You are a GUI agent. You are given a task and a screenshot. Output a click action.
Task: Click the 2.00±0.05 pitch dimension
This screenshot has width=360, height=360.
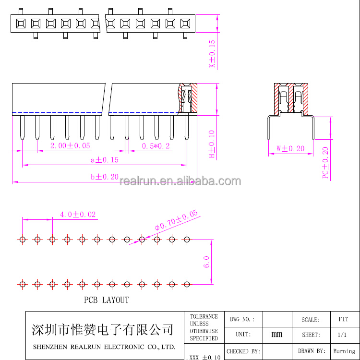[x=70, y=146]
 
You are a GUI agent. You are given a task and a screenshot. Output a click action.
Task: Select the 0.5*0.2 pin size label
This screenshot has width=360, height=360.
[x=156, y=146]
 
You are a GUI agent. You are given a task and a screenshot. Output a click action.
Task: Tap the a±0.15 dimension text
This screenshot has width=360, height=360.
[x=105, y=160]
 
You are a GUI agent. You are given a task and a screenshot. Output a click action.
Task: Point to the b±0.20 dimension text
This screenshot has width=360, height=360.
[x=105, y=177]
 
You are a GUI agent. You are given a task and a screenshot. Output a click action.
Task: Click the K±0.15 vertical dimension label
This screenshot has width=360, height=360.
[x=212, y=54]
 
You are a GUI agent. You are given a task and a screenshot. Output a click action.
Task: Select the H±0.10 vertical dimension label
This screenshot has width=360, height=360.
[x=212, y=144]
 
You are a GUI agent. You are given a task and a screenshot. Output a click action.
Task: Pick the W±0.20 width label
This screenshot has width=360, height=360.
[x=290, y=148]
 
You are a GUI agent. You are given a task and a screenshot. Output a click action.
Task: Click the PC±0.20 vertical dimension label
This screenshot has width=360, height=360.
[x=325, y=163]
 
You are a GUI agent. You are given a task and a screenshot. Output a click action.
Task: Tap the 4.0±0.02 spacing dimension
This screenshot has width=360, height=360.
[x=78, y=215]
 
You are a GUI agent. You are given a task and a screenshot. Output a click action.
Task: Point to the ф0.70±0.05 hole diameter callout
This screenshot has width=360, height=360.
[x=176, y=220]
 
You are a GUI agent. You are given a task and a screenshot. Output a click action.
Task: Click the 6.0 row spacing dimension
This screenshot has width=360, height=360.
[x=206, y=262]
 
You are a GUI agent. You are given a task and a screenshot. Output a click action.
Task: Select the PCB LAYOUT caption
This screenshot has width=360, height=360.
[x=106, y=300]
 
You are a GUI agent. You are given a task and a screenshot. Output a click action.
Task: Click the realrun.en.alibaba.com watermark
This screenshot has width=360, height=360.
[x=180, y=181]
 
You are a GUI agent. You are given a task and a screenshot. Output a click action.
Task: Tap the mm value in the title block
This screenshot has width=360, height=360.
[x=276, y=334]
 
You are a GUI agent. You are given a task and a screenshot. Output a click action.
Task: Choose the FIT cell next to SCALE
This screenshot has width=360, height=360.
[x=343, y=319]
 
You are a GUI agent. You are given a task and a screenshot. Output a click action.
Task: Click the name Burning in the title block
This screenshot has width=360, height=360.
[x=344, y=351]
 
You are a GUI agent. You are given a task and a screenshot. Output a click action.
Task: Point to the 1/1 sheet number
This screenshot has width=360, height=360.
[x=342, y=335]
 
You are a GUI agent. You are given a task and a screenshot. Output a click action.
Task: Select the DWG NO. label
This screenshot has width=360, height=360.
[x=242, y=319]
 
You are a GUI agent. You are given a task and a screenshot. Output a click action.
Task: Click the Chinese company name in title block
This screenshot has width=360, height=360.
[x=102, y=330]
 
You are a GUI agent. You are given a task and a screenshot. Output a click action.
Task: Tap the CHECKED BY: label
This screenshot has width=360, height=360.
[x=243, y=351]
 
